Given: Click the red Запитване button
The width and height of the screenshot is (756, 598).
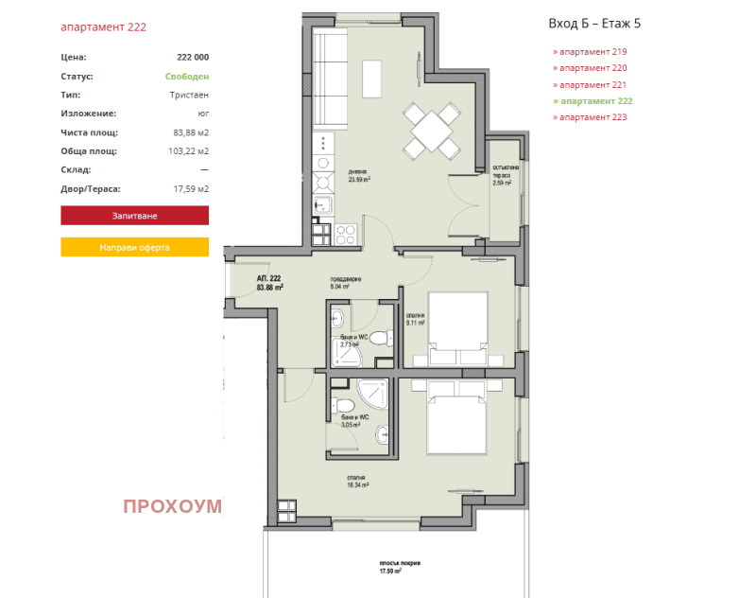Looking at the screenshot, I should click(134, 217).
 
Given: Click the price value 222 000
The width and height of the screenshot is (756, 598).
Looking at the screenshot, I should click(193, 58).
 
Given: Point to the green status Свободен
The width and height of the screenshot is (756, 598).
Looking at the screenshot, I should click(187, 77).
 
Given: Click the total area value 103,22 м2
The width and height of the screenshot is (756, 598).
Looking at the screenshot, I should click(190, 151).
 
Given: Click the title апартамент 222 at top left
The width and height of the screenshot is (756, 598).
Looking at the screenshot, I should click(103, 27).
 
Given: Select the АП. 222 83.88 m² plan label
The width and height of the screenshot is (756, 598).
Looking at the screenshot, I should click(270, 283).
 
